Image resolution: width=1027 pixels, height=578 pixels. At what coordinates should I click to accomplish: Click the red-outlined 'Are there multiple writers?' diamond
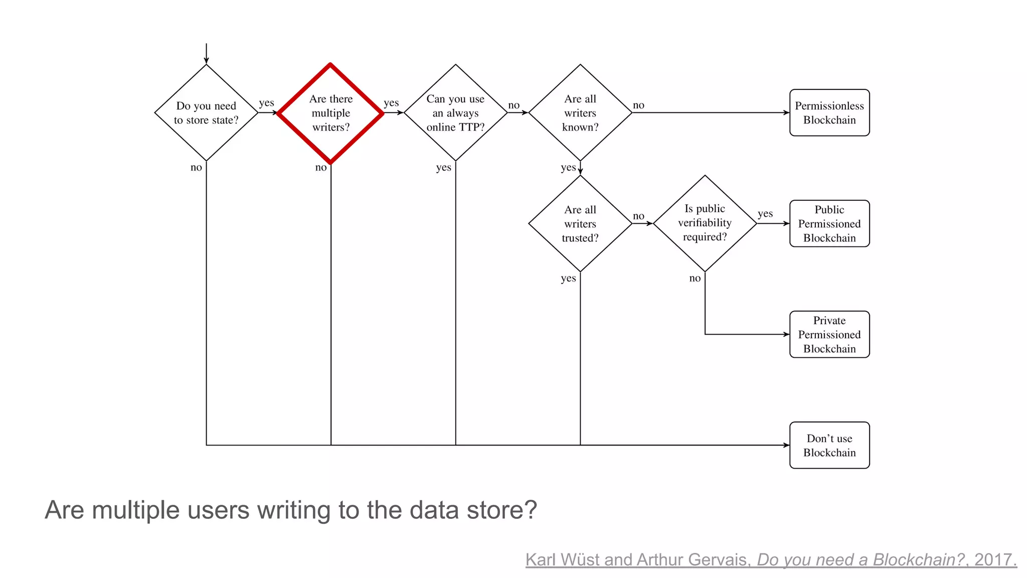pos(330,113)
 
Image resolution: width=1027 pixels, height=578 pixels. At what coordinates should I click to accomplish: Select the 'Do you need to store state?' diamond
pos(206,113)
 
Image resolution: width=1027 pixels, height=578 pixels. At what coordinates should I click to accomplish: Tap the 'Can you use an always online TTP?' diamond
pos(455,113)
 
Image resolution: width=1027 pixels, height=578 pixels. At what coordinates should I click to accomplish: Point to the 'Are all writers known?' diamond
pos(580,113)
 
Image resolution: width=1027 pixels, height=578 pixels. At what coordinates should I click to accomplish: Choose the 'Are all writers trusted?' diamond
pos(580,224)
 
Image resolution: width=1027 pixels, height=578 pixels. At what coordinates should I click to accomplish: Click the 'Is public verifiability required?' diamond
pos(705,223)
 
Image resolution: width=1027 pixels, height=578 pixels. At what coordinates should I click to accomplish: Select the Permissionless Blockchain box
pos(829,113)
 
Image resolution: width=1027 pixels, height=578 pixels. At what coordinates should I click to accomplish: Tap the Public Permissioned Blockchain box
pos(829,224)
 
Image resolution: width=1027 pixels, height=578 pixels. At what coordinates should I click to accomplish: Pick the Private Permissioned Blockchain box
pos(829,335)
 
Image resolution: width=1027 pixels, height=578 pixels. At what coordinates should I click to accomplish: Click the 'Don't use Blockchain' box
pos(829,446)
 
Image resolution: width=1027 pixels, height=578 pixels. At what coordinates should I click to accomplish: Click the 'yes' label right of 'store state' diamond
pos(266,103)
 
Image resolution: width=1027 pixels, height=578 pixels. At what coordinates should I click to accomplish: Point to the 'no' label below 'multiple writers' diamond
pos(321,168)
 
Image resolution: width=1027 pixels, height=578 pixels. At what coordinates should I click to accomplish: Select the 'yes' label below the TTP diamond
pos(444,168)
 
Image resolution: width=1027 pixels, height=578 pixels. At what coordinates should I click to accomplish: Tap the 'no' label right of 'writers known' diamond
pos(638,105)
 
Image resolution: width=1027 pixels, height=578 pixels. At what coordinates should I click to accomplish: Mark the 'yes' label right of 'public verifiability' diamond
pos(765,214)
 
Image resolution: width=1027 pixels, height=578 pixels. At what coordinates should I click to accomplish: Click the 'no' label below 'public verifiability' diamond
pos(695,278)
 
